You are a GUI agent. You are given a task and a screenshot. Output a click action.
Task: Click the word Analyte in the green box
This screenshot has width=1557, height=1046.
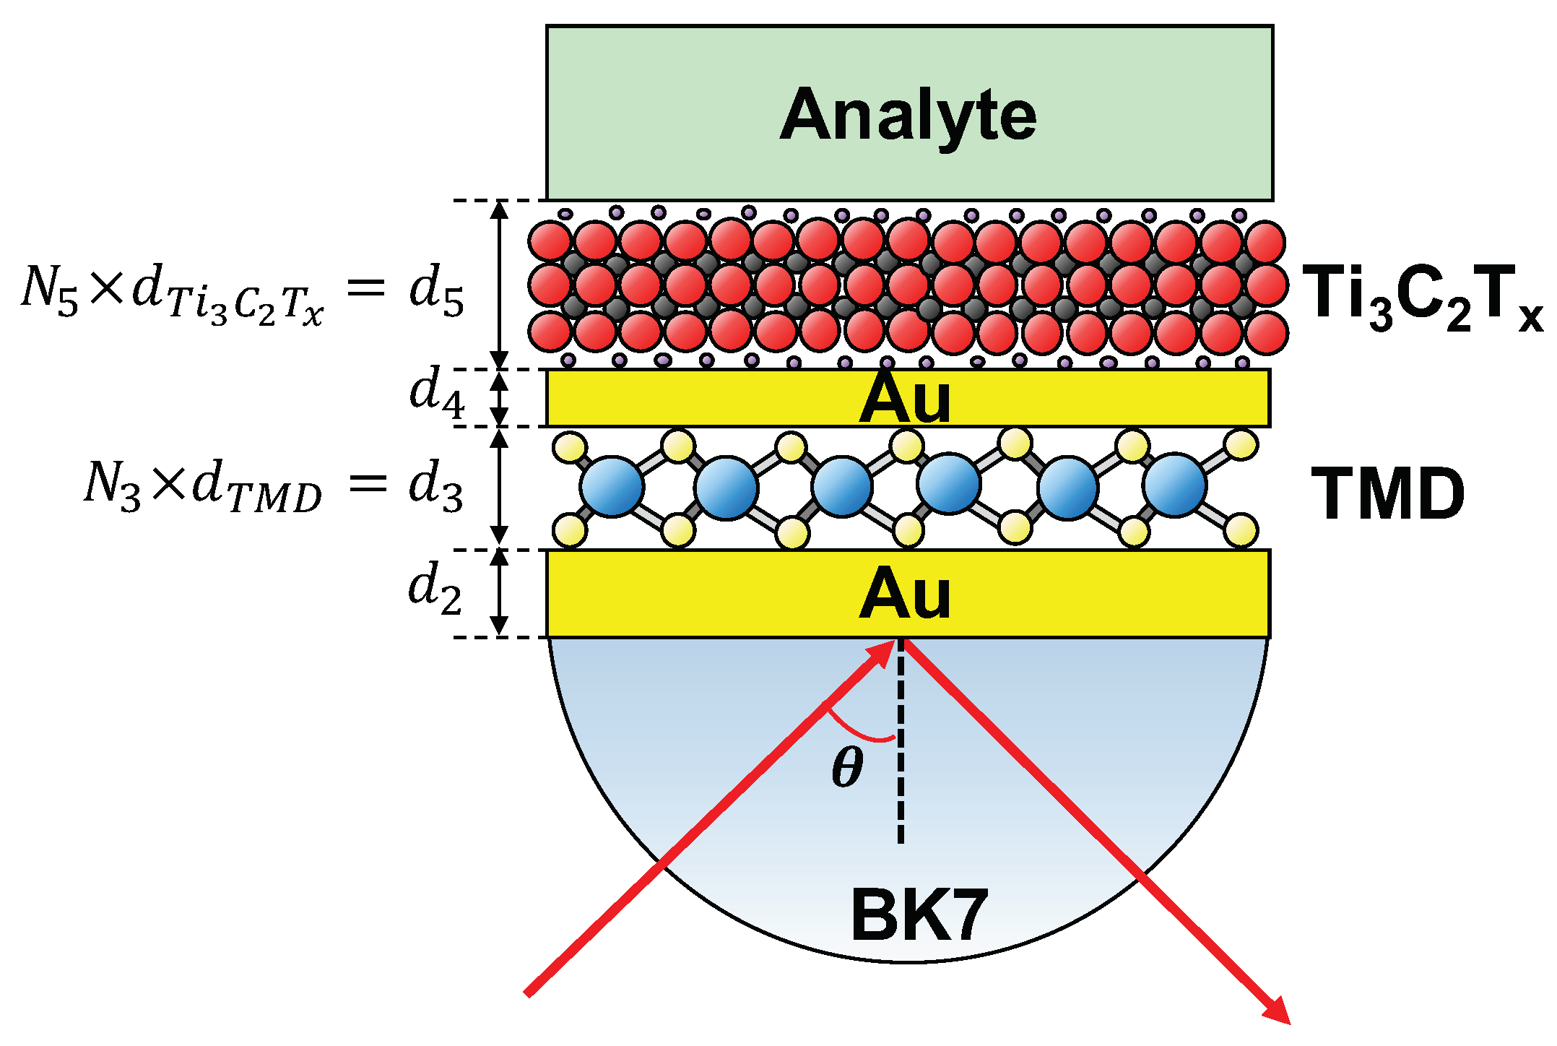(908, 116)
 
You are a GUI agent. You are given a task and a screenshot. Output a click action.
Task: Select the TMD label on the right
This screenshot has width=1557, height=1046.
(1387, 494)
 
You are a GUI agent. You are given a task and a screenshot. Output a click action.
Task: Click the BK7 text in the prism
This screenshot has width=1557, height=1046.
(919, 915)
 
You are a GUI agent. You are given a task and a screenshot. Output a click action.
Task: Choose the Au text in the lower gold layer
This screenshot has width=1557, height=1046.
(904, 594)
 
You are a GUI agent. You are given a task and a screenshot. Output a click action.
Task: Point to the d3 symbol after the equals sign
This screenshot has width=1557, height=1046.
(435, 485)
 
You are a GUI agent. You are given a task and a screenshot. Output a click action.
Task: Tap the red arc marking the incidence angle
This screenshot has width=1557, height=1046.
(859, 731)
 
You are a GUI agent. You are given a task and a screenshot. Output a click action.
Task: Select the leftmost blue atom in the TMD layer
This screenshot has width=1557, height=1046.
(612, 486)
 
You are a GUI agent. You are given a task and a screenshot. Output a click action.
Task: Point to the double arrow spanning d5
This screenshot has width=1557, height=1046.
(499, 285)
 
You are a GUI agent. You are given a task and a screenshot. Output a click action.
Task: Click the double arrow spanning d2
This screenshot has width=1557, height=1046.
(499, 592)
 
